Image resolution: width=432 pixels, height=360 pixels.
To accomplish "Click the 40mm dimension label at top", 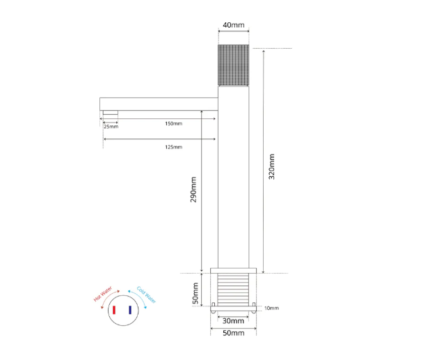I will [x=233, y=26].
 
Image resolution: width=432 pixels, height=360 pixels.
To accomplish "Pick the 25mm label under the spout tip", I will [x=111, y=127].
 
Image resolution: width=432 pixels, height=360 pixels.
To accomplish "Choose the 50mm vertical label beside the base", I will [x=196, y=291].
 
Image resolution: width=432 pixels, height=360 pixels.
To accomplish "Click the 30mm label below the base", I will [x=233, y=321].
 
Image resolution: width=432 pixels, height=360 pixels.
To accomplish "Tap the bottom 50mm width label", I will [x=233, y=334].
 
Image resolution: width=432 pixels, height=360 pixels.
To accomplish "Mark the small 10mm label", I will [x=271, y=308].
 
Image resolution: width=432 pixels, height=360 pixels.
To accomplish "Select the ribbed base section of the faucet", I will [x=233, y=288].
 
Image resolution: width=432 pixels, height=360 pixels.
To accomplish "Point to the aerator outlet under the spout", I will [x=110, y=113].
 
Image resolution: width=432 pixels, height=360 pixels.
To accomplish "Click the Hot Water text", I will [x=103, y=296].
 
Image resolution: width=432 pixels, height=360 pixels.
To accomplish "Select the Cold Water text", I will [x=146, y=295].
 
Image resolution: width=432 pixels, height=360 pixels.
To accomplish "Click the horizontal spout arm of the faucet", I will [x=159, y=103].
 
